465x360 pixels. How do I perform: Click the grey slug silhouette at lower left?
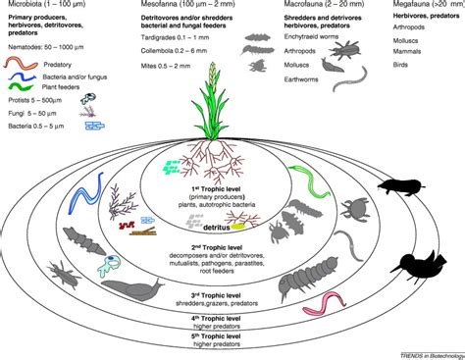[x=116, y=288]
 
